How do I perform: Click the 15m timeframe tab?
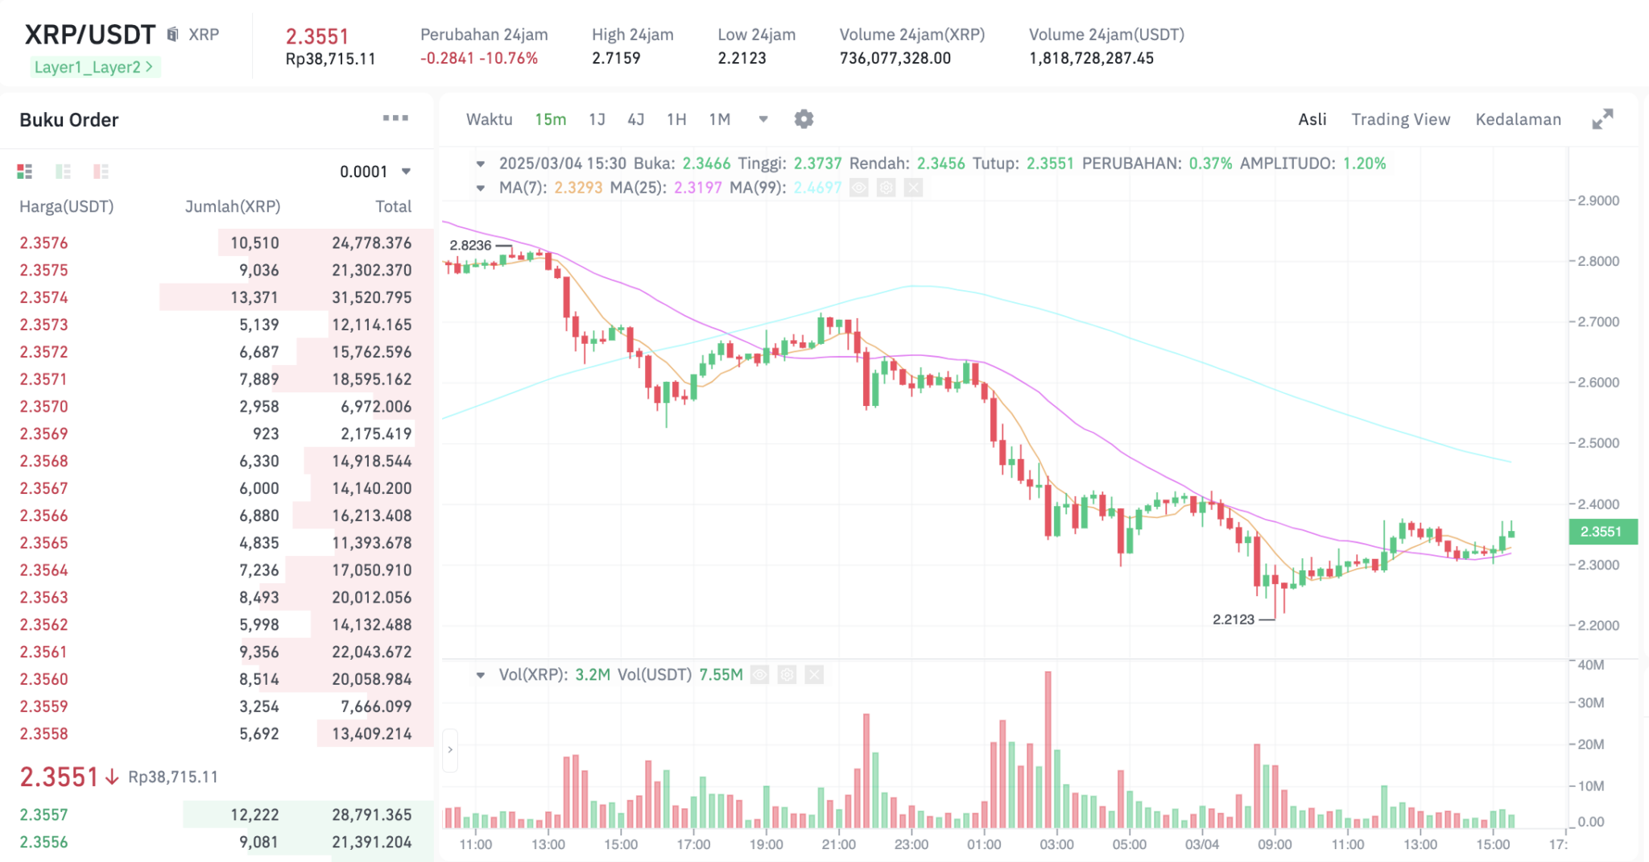[x=550, y=119]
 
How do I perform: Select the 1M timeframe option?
[x=719, y=119]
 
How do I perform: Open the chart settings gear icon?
[x=804, y=119]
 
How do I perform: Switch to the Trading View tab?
[x=1400, y=119]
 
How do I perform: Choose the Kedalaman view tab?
[x=1518, y=119]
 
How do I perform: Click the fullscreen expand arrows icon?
[x=1602, y=119]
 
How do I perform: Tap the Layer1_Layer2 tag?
[x=93, y=67]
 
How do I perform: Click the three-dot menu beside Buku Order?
[x=395, y=118]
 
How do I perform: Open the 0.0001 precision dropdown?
[x=374, y=172]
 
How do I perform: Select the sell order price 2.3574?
[x=44, y=297]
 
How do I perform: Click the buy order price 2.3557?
[x=44, y=814]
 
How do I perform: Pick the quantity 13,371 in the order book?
[x=254, y=297]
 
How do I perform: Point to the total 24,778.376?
[x=371, y=242]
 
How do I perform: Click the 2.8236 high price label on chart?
[x=470, y=245]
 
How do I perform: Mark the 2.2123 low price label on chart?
[x=1234, y=619]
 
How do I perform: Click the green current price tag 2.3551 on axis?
[x=1601, y=532]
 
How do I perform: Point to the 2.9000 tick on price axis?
[x=1598, y=201]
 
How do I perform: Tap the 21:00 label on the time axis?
[x=838, y=844]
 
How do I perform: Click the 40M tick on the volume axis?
[x=1591, y=665]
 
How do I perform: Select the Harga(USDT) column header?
[x=67, y=206]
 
